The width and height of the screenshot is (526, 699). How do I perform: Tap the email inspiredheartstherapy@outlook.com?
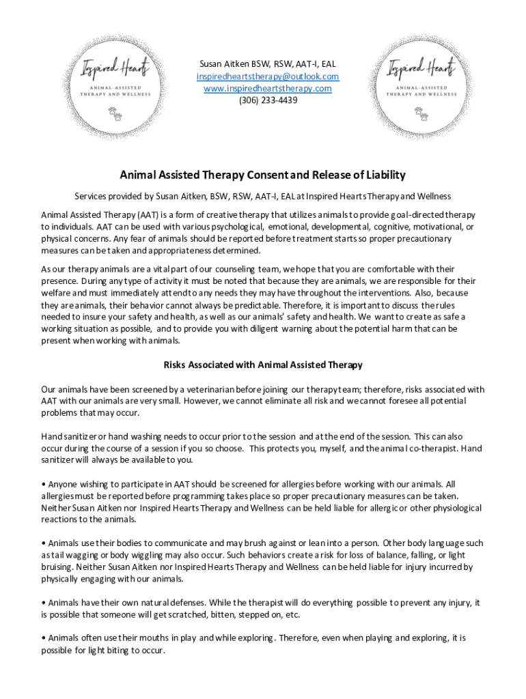268,76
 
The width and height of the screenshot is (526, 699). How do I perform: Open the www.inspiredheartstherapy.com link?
268,88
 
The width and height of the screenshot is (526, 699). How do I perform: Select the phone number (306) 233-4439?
268,100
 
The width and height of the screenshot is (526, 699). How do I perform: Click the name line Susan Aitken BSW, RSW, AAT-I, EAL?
268,64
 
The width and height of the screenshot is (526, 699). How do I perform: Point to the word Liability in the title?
383,175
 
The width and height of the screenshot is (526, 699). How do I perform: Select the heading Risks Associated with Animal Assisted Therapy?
263,365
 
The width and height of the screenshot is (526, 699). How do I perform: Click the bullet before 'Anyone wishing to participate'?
44,485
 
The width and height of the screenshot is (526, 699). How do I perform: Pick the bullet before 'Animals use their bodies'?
44,543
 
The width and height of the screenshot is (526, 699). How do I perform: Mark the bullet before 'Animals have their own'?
44,603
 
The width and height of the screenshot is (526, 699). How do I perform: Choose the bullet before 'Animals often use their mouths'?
44,638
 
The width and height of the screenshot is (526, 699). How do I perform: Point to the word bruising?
57,567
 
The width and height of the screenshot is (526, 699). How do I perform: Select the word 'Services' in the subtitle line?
92,196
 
